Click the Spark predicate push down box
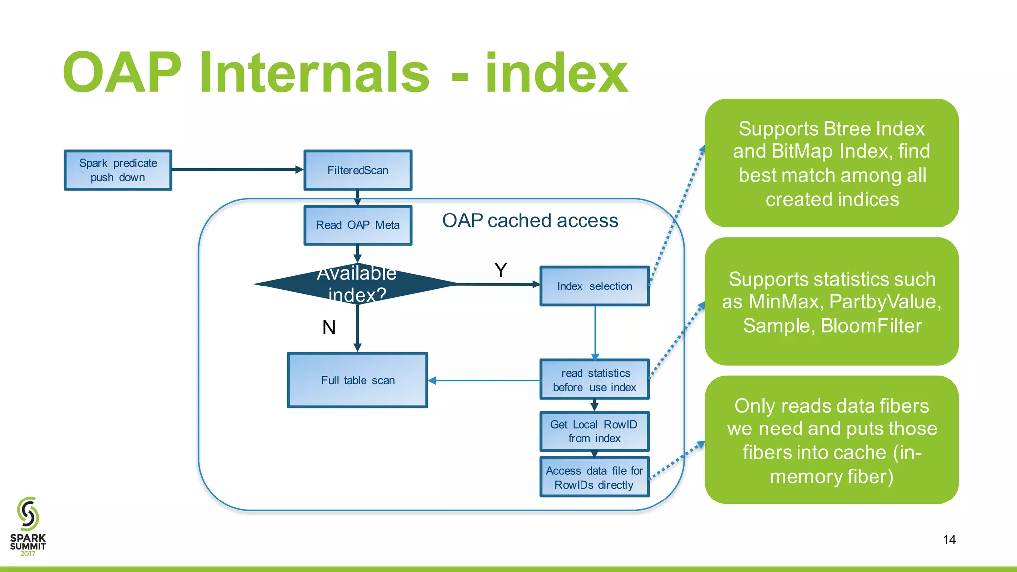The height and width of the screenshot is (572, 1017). click(x=118, y=170)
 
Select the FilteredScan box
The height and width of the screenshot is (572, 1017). click(x=358, y=170)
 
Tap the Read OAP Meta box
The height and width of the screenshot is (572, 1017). click(x=358, y=225)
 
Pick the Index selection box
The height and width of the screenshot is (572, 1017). click(x=594, y=286)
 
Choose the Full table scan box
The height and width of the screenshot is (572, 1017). click(x=357, y=380)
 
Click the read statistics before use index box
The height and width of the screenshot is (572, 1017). click(x=594, y=380)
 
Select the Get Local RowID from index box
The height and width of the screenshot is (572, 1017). click(x=594, y=431)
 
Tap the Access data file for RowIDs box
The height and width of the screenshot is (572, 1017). click(x=594, y=477)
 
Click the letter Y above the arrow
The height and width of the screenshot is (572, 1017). click(x=501, y=270)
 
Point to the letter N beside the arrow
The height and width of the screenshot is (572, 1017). click(x=329, y=328)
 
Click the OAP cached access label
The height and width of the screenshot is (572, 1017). click(x=530, y=221)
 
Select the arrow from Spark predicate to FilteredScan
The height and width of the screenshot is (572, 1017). click(x=237, y=170)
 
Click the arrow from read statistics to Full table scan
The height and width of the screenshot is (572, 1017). click(x=484, y=381)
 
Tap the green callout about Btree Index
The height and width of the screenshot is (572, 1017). click(x=831, y=163)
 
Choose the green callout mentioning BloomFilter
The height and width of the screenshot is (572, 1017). click(x=831, y=302)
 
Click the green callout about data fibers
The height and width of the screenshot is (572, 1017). click(x=831, y=440)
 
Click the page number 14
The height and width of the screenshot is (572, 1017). click(x=949, y=540)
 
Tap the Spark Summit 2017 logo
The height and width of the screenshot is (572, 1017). click(x=28, y=526)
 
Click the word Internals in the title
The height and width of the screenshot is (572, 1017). click(x=314, y=73)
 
